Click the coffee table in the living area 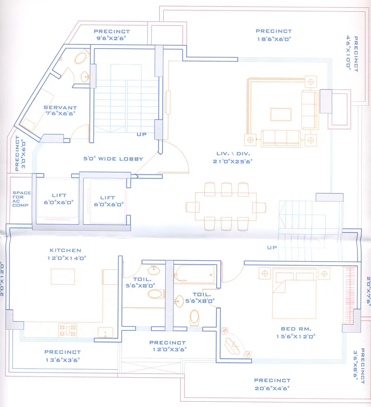[x=281, y=114]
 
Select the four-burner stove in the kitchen [x=68, y=330]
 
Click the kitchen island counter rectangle [x=63, y=276]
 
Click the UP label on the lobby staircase [x=142, y=134]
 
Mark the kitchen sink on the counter [x=105, y=331]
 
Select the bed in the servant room [x=29, y=124]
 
